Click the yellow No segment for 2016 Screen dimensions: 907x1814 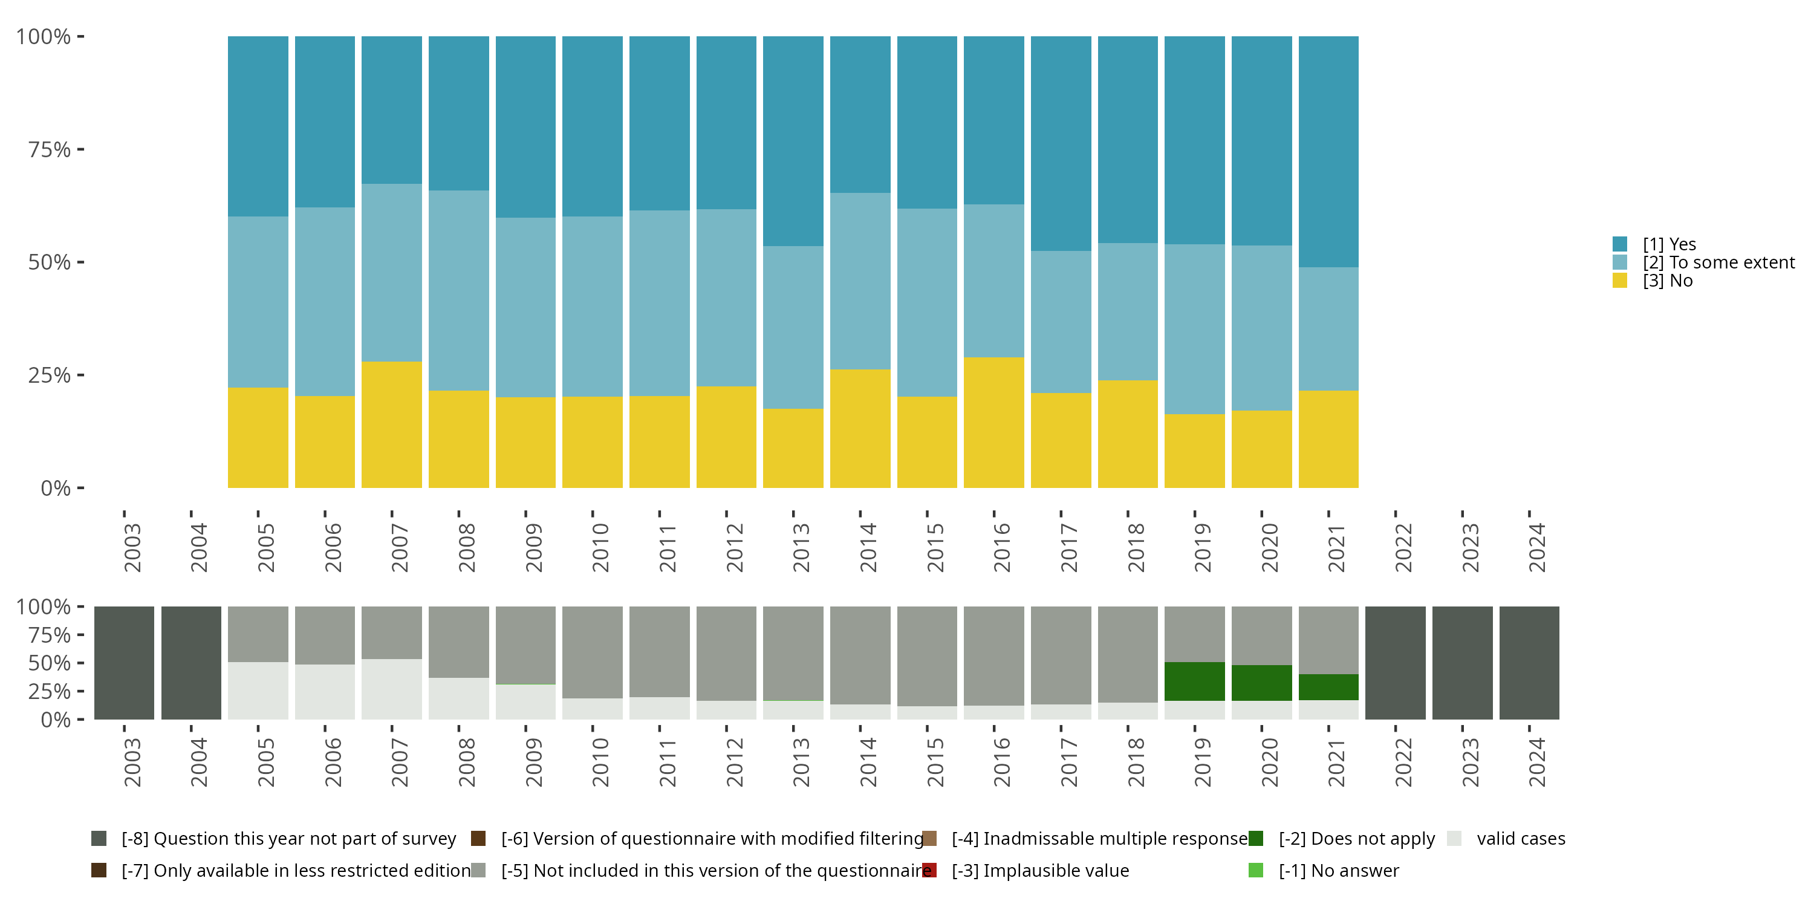click(x=993, y=423)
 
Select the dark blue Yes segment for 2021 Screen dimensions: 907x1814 click(x=1328, y=151)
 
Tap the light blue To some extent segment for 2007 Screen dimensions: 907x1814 click(x=392, y=273)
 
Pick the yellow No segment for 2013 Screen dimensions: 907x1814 click(x=793, y=448)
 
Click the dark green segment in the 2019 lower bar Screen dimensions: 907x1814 click(x=1194, y=681)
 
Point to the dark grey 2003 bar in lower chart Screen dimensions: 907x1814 click(x=124, y=663)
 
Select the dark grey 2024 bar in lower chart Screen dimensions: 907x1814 click(x=1529, y=663)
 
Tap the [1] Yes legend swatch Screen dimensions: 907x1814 click(x=1620, y=244)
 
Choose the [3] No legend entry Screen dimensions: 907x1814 click(x=1668, y=281)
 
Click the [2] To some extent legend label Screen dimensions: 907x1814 click(x=1718, y=262)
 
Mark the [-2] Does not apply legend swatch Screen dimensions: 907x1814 click(x=1255, y=838)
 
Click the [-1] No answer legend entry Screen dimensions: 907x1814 click(x=1338, y=870)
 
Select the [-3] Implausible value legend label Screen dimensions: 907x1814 click(x=1040, y=870)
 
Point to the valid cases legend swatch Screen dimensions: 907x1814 click(x=1454, y=838)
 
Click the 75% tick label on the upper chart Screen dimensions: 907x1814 click(x=50, y=149)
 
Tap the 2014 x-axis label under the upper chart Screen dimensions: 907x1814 click(x=868, y=547)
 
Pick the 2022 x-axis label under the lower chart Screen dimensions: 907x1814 click(x=1403, y=762)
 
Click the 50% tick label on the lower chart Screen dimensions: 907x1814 click(x=50, y=663)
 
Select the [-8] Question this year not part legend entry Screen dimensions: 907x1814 click(x=288, y=838)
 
